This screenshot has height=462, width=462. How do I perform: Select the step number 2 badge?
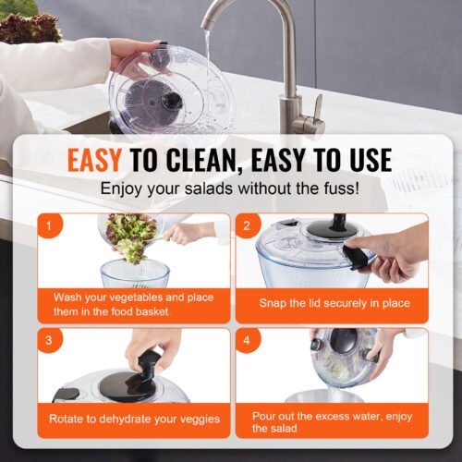pyautogui.click(x=247, y=225)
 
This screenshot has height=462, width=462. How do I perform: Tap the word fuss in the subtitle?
pyautogui.click(x=338, y=189)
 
